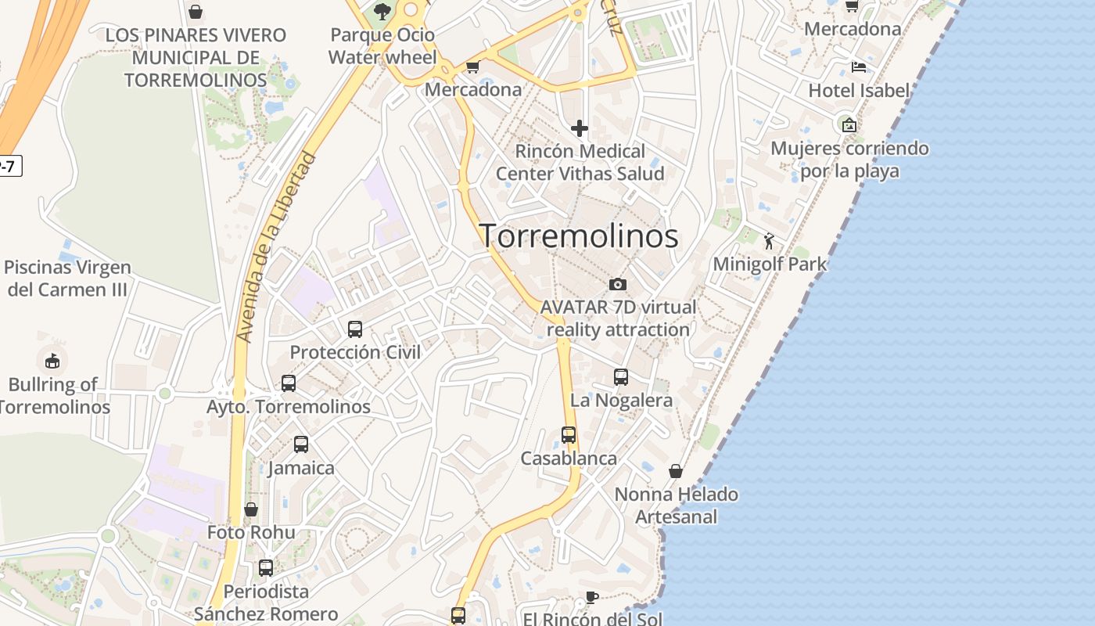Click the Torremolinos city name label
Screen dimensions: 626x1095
pyautogui.click(x=579, y=236)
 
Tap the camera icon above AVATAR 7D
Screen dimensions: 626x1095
pyautogui.click(x=618, y=284)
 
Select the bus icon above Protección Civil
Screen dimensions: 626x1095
pyautogui.click(x=355, y=329)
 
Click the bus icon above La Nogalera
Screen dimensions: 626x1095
pyautogui.click(x=621, y=377)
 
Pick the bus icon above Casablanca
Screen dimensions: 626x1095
pyautogui.click(x=569, y=435)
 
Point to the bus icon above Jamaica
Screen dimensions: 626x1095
pyautogui.click(x=301, y=444)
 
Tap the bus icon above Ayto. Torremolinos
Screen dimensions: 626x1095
pyautogui.click(x=289, y=383)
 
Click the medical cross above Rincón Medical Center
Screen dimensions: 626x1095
pyautogui.click(x=580, y=128)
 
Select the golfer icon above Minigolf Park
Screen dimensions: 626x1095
pyautogui.click(x=769, y=241)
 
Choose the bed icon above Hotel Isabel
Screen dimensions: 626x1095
pyautogui.click(x=859, y=67)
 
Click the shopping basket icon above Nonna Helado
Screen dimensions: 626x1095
pyautogui.click(x=676, y=471)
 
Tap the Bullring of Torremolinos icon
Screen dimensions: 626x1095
pyautogui.click(x=52, y=361)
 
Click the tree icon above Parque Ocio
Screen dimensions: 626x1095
pyautogui.click(x=382, y=11)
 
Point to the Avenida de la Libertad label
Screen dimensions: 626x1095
pyautogui.click(x=278, y=247)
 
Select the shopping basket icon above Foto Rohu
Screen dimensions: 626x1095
pyautogui.click(x=251, y=509)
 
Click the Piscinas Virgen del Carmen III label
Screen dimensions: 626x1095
pyautogui.click(x=67, y=278)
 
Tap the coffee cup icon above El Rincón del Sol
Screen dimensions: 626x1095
pyautogui.click(x=592, y=598)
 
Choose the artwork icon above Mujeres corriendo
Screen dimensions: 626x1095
pyautogui.click(x=849, y=124)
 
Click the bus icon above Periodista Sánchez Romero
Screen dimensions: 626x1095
pyautogui.click(x=266, y=568)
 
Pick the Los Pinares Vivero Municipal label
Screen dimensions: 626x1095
pyautogui.click(x=196, y=57)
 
